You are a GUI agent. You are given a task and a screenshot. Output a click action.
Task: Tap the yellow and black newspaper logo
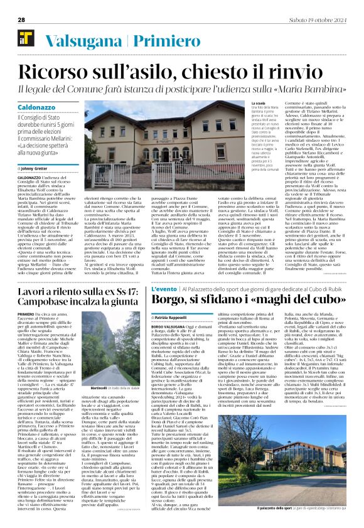click(21, 41)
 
